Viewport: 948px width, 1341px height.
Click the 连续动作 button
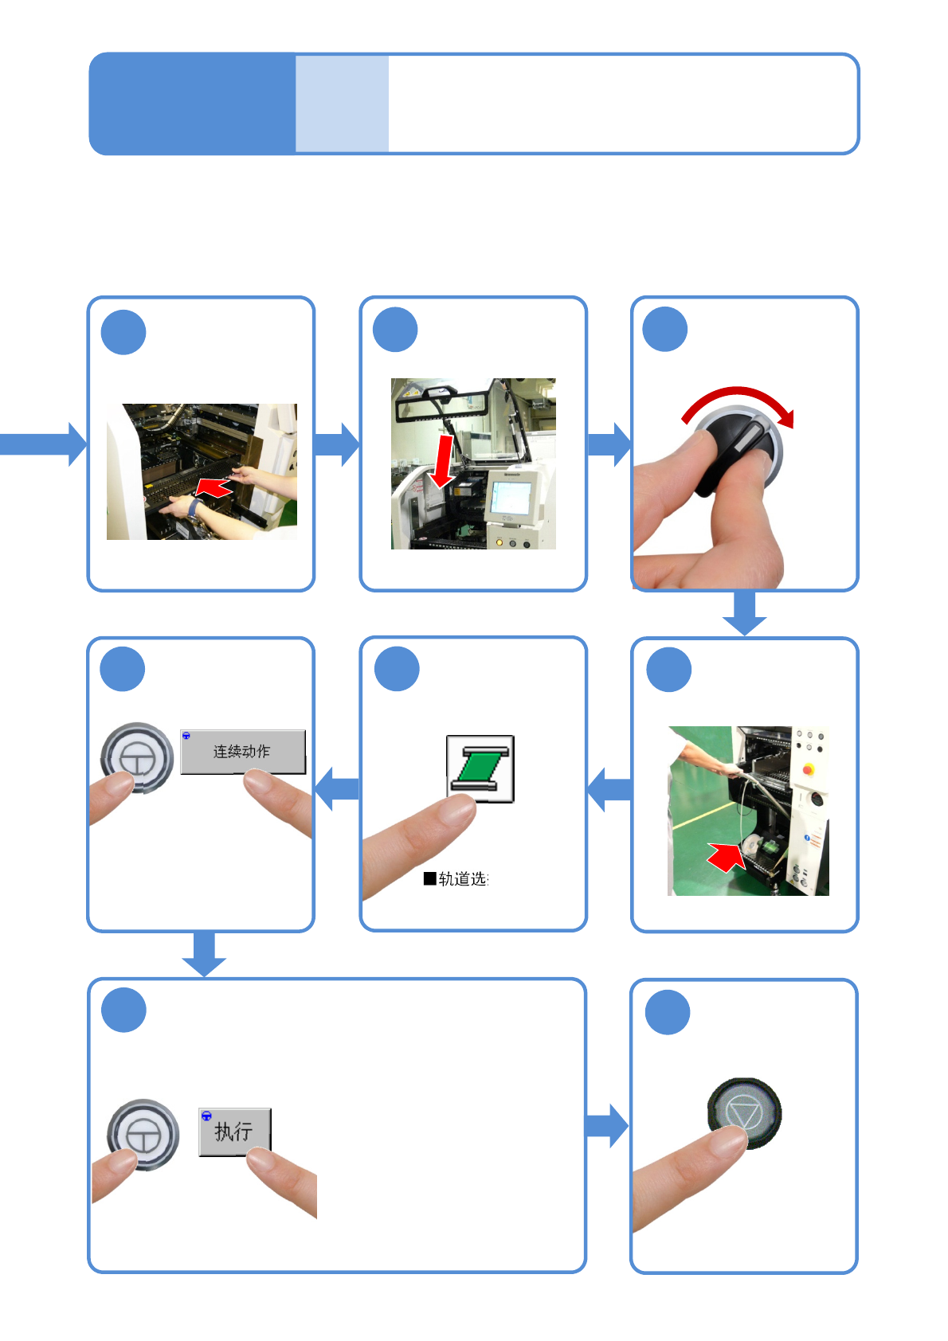(x=242, y=751)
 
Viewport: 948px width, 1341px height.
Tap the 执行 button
(x=234, y=1131)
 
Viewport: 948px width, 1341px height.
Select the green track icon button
(x=480, y=768)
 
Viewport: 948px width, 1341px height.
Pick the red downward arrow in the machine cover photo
(x=442, y=460)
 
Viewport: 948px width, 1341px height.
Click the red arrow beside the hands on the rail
(x=213, y=486)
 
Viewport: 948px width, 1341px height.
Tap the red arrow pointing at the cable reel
(x=726, y=857)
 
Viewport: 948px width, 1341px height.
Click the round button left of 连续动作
(x=137, y=757)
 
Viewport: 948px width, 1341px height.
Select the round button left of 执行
(x=143, y=1134)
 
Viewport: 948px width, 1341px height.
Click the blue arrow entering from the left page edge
(x=44, y=444)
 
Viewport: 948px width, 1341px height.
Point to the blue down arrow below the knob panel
(x=745, y=614)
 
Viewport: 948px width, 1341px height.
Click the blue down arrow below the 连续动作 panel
(x=204, y=954)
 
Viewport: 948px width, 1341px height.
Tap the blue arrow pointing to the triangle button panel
(x=607, y=1125)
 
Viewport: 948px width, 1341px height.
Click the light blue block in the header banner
(x=342, y=104)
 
